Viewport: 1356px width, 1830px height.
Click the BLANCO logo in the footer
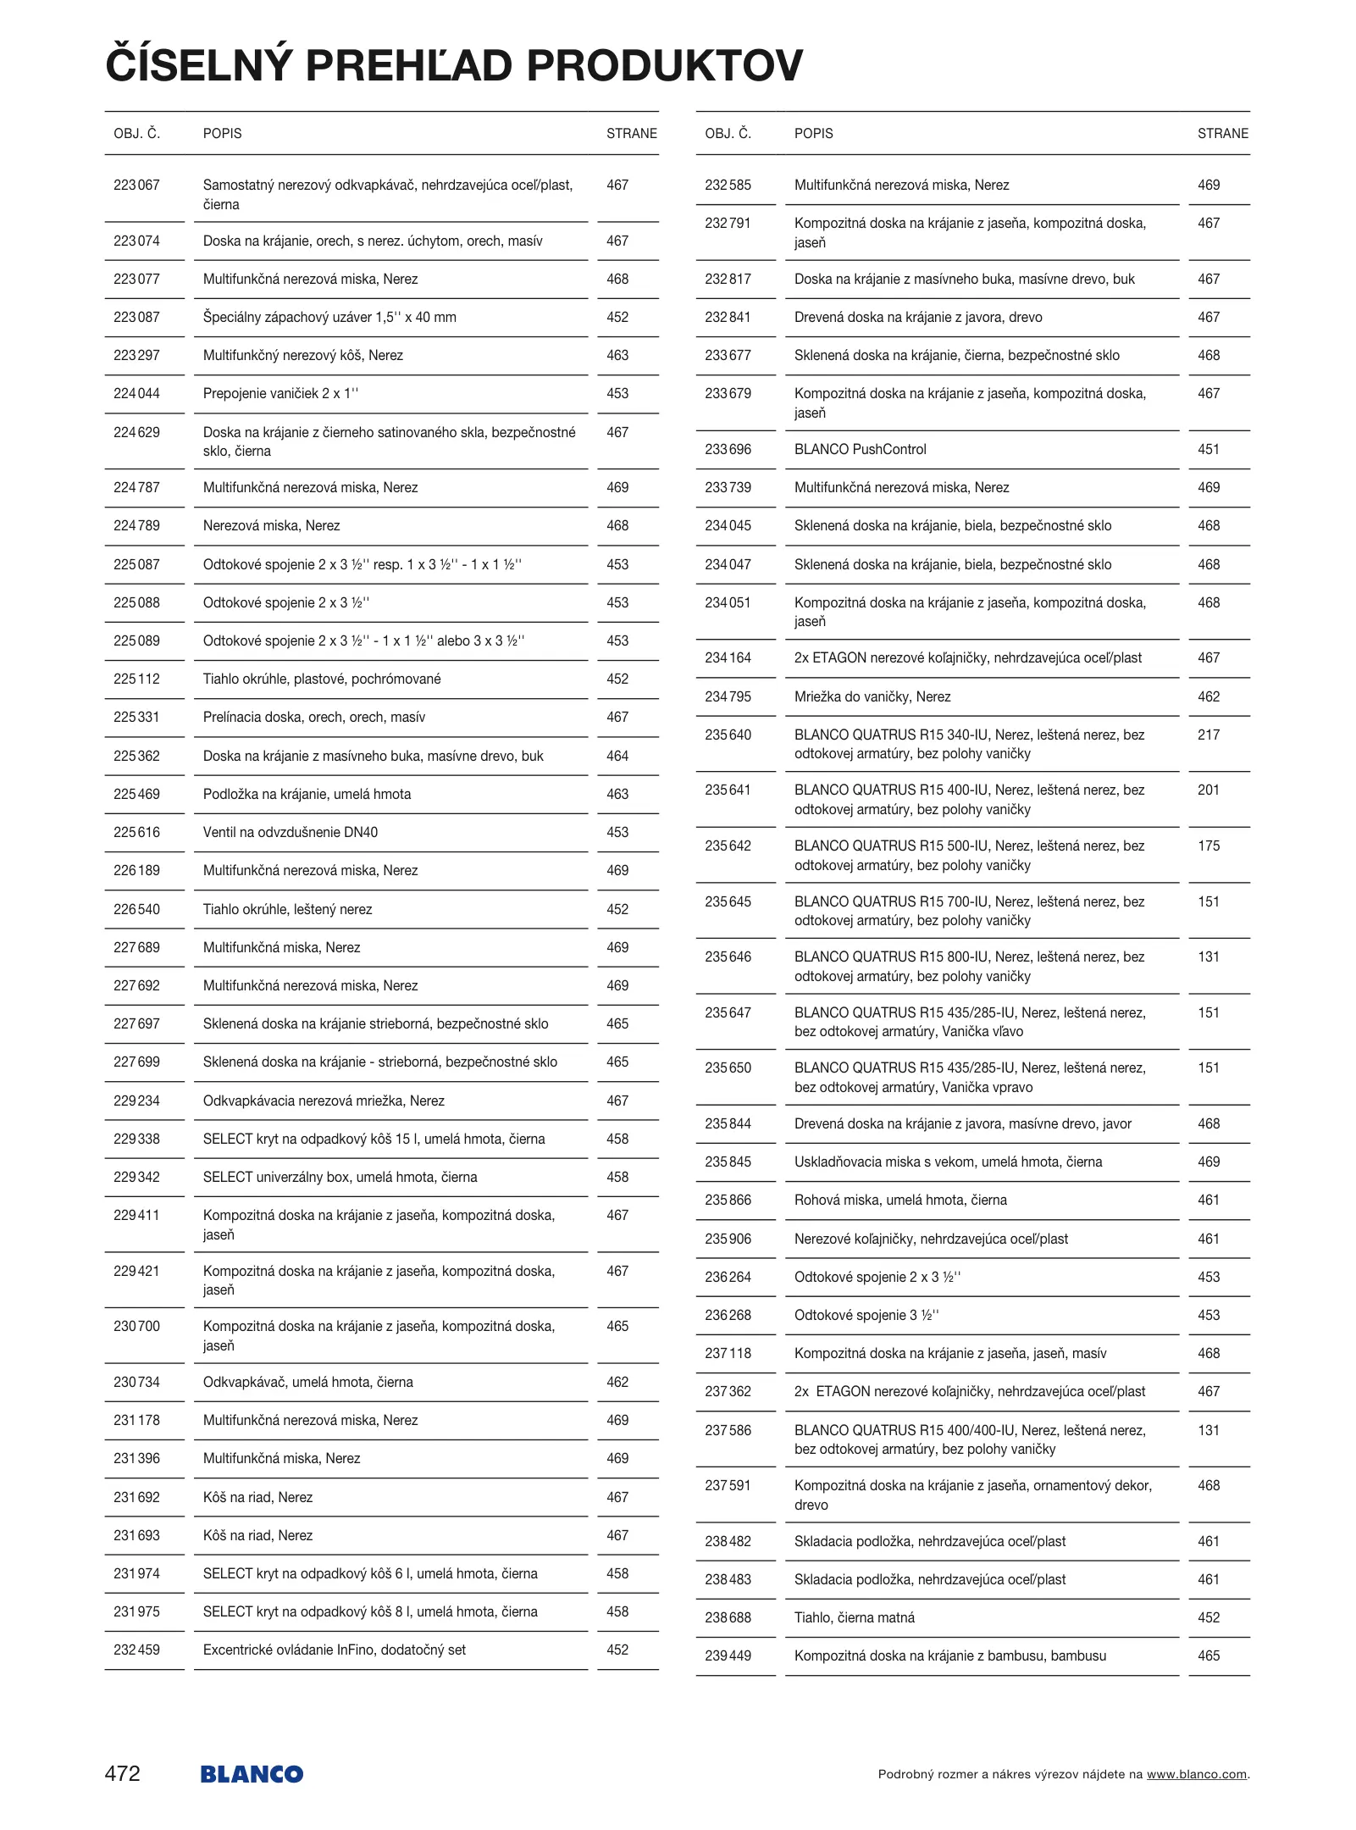click(x=252, y=1774)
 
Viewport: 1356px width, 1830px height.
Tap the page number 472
click(x=123, y=1773)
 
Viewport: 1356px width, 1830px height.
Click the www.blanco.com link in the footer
click(x=1196, y=1774)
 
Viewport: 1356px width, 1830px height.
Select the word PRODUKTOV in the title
click(x=665, y=66)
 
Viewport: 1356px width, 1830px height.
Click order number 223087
click(x=136, y=317)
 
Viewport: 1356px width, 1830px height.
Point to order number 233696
click(x=728, y=449)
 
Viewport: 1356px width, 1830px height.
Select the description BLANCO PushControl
click(x=860, y=449)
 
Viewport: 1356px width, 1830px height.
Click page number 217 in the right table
click(x=1209, y=735)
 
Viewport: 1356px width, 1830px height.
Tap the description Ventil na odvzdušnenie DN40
click(x=290, y=832)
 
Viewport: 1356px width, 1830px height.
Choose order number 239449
click(x=728, y=1655)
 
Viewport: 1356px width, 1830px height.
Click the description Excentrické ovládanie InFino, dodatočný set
click(x=334, y=1650)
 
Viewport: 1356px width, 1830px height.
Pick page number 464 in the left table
click(x=617, y=756)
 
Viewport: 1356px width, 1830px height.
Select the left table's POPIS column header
click(x=222, y=133)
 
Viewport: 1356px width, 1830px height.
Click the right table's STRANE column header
click(x=1222, y=133)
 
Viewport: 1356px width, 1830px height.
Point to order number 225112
click(x=136, y=679)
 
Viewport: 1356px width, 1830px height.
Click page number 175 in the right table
click(x=1209, y=846)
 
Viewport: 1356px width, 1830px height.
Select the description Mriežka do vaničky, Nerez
click(x=872, y=696)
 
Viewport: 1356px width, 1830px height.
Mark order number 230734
click(x=136, y=1382)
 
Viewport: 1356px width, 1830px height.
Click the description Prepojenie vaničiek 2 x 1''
click(x=280, y=393)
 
